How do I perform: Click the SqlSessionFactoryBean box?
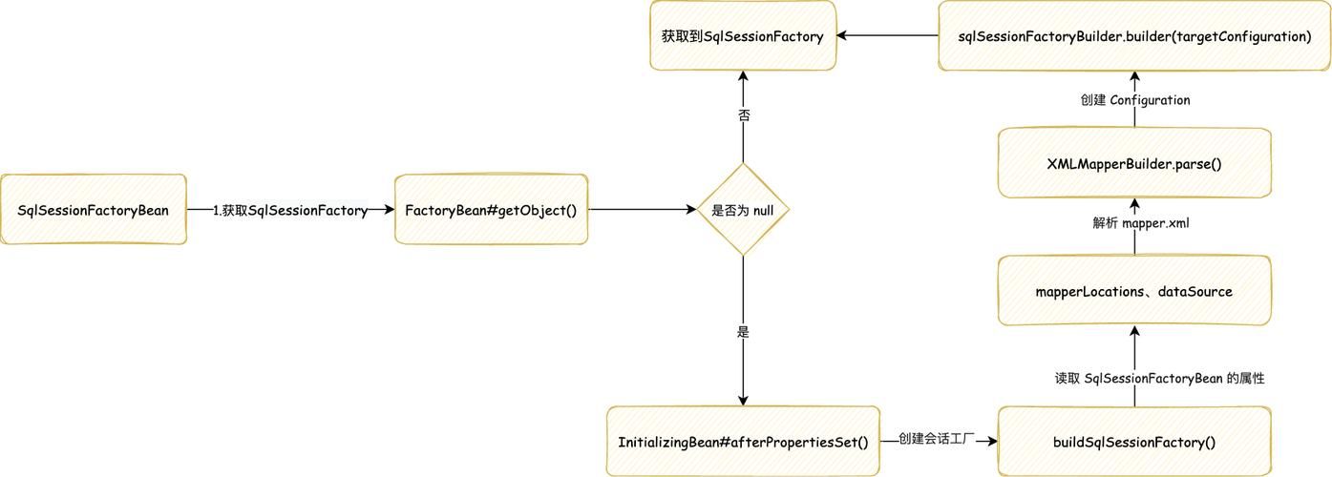pyautogui.click(x=93, y=210)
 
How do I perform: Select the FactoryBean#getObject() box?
pyautogui.click(x=491, y=210)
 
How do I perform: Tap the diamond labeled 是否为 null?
pyautogui.click(x=743, y=210)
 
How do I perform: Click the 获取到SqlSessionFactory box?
pyautogui.click(x=742, y=36)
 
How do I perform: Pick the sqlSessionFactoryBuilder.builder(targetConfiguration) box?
pyautogui.click(x=1134, y=36)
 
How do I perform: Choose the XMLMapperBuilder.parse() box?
pyautogui.click(x=1134, y=164)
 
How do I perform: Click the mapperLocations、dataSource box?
pyautogui.click(x=1134, y=291)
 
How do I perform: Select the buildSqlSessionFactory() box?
pyautogui.click(x=1134, y=442)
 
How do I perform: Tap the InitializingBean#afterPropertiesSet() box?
pyautogui.click(x=743, y=442)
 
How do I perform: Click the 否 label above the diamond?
pyautogui.click(x=744, y=115)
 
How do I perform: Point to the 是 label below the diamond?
pyautogui.click(x=744, y=332)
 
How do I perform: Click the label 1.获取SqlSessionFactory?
pyautogui.click(x=290, y=211)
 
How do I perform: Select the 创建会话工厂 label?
pyautogui.click(x=936, y=439)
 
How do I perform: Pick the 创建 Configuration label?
pyautogui.click(x=1135, y=99)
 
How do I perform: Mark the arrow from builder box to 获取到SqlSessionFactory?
pyautogui.click(x=887, y=36)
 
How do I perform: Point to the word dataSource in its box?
pyautogui.click(x=1195, y=291)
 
